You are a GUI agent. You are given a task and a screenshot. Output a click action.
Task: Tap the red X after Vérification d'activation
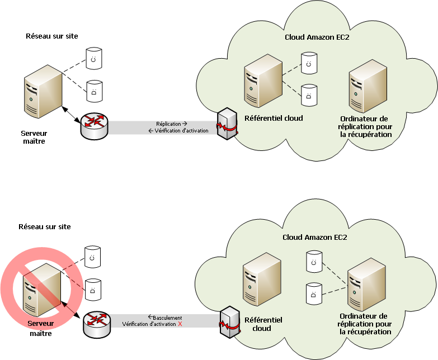coord(180,324)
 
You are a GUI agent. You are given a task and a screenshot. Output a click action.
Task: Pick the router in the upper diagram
coord(93,127)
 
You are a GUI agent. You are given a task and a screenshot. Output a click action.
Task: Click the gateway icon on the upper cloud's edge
coord(227,124)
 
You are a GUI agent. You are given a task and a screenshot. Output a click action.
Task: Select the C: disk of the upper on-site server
coord(93,58)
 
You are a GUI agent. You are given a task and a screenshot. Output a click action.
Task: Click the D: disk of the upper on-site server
coord(93,90)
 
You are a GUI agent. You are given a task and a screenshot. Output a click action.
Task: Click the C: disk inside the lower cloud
coord(314,262)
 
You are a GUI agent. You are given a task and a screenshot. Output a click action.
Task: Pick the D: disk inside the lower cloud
coord(314,293)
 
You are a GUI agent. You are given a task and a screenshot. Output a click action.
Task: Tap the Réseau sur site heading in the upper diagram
coord(52,36)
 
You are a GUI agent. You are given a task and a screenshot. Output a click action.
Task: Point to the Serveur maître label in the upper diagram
coord(33,137)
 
